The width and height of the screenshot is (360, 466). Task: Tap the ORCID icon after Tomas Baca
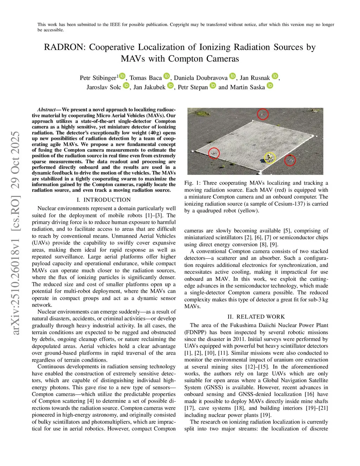(x=167, y=76)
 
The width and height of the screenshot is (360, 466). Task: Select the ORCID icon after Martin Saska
(x=270, y=85)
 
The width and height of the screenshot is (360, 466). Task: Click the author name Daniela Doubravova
(x=201, y=78)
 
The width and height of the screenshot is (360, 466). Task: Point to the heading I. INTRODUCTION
(x=104, y=200)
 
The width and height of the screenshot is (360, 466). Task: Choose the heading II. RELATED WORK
(x=256, y=317)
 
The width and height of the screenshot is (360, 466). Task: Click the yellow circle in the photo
(x=270, y=158)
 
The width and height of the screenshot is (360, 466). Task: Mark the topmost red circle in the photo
(x=263, y=114)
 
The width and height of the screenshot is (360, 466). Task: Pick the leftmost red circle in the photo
(x=214, y=153)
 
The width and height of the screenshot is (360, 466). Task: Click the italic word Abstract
(x=46, y=110)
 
